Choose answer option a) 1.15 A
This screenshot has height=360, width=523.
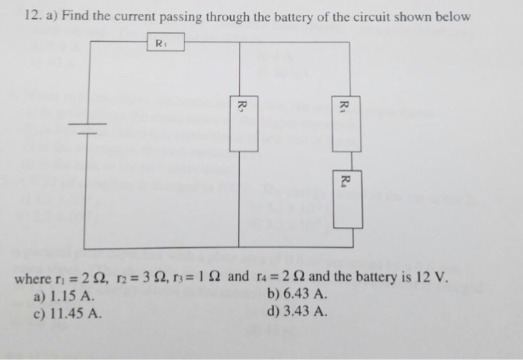[65, 297]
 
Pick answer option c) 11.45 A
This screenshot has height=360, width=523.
[68, 311]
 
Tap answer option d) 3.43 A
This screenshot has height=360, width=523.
[297, 311]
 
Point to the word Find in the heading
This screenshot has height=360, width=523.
[76, 16]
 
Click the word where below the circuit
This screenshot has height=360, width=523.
[33, 280]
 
